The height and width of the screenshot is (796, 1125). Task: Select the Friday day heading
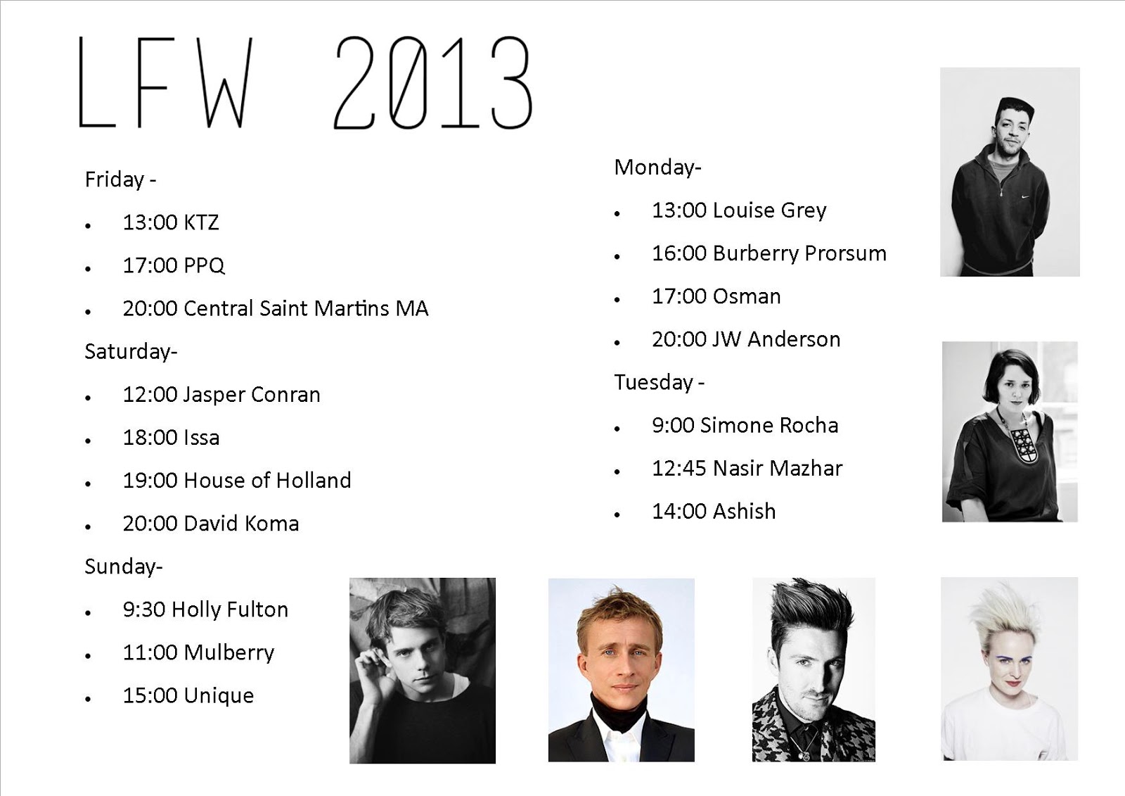point(120,179)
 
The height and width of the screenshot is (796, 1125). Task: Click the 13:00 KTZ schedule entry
point(170,222)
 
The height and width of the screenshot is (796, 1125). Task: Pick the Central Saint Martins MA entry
point(275,308)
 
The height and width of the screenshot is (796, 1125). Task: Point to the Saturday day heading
point(131,351)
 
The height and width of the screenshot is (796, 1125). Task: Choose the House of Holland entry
point(236,481)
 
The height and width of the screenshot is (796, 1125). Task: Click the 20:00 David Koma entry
point(210,524)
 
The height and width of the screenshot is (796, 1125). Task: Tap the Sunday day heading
point(123,567)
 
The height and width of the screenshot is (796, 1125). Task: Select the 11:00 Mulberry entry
point(198,652)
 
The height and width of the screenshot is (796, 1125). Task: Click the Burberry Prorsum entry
point(769,253)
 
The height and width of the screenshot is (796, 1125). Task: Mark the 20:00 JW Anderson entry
point(745,339)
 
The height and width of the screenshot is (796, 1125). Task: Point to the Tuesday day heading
point(659,382)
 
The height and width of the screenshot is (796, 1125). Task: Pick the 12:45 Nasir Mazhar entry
point(747,468)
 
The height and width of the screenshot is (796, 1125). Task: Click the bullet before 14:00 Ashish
point(617,514)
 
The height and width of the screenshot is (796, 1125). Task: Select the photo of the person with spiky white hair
point(1009,669)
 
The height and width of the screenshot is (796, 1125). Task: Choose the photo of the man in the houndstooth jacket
point(814,669)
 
